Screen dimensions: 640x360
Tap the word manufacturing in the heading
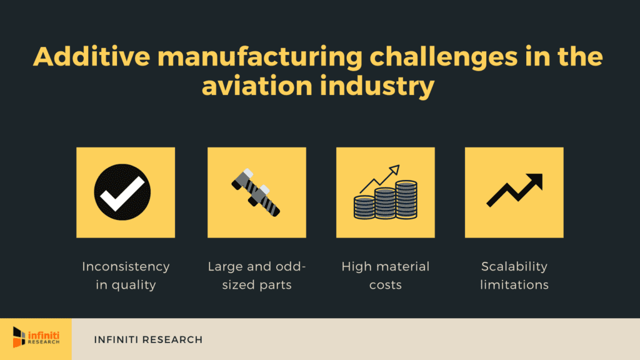(x=260, y=57)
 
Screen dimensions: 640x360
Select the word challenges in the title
(x=444, y=57)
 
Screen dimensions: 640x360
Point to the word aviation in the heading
(x=257, y=86)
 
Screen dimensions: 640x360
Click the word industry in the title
(x=377, y=87)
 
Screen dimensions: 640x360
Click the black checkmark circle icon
(x=122, y=192)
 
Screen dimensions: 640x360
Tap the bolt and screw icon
(x=256, y=192)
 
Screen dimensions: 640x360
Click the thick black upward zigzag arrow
(x=515, y=190)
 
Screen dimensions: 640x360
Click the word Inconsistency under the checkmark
(x=126, y=266)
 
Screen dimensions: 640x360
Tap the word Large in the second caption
(x=225, y=267)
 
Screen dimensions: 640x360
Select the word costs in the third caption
(x=385, y=285)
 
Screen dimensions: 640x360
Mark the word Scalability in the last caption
(x=514, y=267)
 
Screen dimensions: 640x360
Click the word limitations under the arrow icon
(x=514, y=284)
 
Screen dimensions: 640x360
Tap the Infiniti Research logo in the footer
(x=36, y=337)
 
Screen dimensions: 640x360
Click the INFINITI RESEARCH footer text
(x=148, y=339)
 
